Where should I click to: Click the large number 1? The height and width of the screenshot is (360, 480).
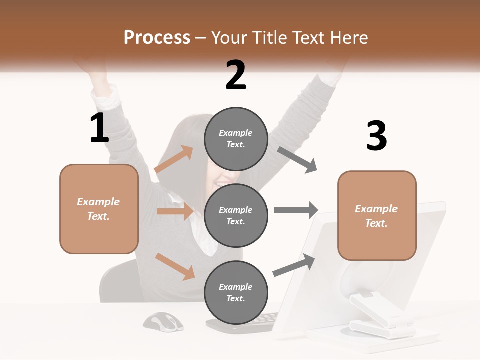pos(99,128)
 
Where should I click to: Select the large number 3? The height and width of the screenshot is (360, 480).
pos(376,136)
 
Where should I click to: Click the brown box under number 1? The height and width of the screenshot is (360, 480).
pos(99,209)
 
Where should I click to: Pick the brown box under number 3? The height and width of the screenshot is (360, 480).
pos(377,216)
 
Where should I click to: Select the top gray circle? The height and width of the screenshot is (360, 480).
pos(236,139)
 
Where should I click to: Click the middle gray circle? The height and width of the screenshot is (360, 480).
pos(236,215)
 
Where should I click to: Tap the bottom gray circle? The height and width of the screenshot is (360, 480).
pos(236,292)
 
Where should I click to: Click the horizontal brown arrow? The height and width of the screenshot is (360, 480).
pos(175,211)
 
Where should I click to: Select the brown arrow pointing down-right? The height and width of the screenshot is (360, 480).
pos(175,266)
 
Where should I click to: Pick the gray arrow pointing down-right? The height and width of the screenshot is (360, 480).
pos(297,160)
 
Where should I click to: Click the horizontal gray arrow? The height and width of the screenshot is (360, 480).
pos(296,210)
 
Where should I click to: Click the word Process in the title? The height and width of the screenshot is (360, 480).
pos(157,38)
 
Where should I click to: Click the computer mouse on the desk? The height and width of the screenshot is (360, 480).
pos(163,321)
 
